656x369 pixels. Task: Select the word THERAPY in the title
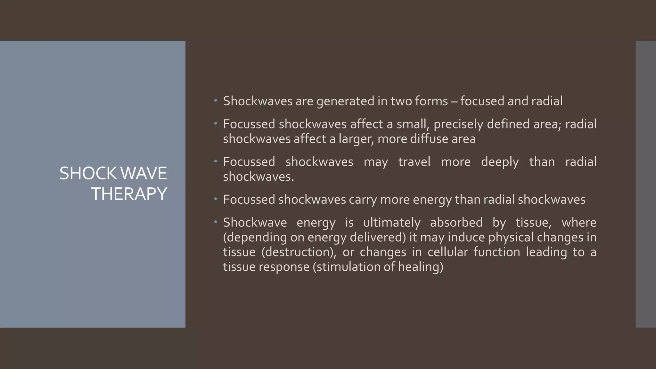(129, 194)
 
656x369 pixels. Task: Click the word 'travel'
(414, 162)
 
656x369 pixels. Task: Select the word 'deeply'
(500, 162)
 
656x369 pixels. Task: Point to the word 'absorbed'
(456, 223)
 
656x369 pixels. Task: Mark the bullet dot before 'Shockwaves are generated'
(216, 101)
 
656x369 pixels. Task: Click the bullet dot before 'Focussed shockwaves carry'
(216, 199)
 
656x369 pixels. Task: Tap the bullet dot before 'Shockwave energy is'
(216, 222)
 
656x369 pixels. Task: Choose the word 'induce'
(466, 237)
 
